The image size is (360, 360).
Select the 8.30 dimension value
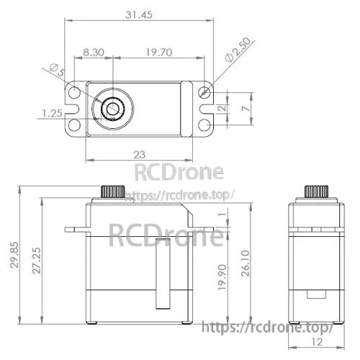(94, 52)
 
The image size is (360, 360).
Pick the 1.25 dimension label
(50, 113)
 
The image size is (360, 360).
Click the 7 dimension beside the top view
(246, 107)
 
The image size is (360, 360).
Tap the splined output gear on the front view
(113, 192)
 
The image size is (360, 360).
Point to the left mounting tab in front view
(76, 230)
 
